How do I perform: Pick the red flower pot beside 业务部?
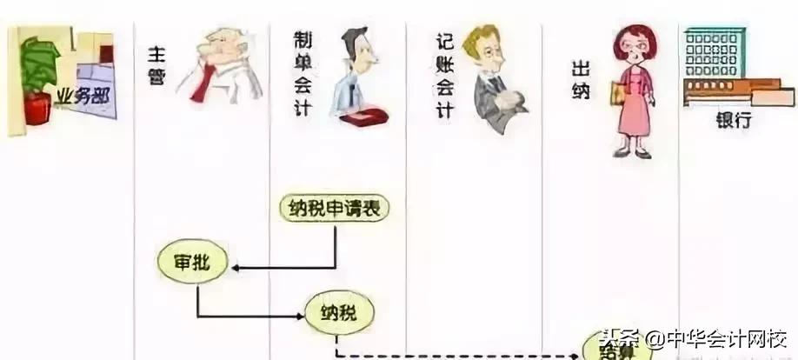tap(37, 110)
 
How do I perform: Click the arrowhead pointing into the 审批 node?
tap(236, 266)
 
